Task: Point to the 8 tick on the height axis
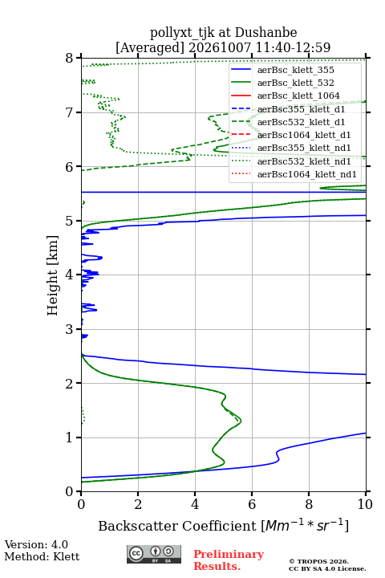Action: [x=79, y=58]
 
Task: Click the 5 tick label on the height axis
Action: [x=69, y=222]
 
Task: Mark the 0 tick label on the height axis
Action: [x=69, y=491]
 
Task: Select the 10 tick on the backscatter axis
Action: [x=366, y=494]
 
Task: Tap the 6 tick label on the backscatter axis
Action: [x=252, y=504]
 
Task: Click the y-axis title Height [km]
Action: [x=53, y=275]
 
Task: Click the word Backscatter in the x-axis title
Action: [x=138, y=526]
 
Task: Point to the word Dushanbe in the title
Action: [x=265, y=33]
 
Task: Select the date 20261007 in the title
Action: [x=220, y=47]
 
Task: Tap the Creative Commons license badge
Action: [x=154, y=554]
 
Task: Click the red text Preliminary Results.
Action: [x=229, y=560]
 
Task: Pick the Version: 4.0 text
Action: [x=36, y=544]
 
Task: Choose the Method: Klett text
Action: [x=42, y=556]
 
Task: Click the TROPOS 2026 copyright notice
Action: [x=318, y=561]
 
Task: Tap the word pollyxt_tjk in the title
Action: [x=182, y=33]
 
